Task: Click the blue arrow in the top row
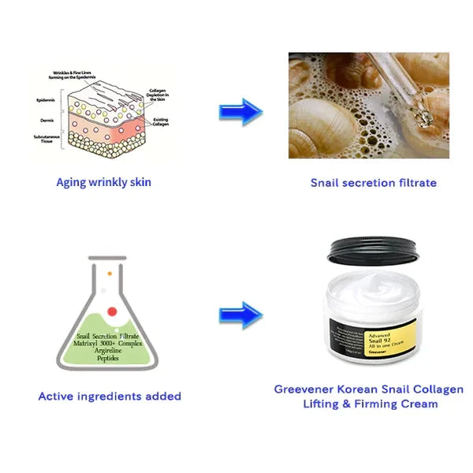pos(240,111)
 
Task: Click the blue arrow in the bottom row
pos(240,315)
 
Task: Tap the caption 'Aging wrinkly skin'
pos(103,182)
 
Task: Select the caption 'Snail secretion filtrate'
pos(373,183)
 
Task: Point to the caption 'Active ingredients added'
pos(110,396)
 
